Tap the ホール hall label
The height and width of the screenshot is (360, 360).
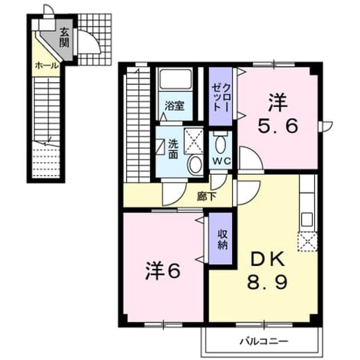pos(47,66)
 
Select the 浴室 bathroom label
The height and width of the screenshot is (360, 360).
pos(175,106)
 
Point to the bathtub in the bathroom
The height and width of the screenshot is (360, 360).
pos(175,79)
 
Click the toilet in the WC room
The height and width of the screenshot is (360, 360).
pos(221,143)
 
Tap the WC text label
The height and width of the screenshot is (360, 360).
pos(221,161)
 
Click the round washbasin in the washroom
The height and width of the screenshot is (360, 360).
pos(195,165)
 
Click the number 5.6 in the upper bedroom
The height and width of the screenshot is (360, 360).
pos(278,126)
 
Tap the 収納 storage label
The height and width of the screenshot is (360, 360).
pos(222,239)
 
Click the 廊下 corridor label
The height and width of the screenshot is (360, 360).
pos(206,197)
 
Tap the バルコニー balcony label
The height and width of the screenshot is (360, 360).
pos(263,341)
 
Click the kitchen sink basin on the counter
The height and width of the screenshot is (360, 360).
pos(307,219)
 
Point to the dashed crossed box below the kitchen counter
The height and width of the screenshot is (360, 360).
pos(307,242)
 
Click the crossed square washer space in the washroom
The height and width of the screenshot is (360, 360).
pos(194,141)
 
